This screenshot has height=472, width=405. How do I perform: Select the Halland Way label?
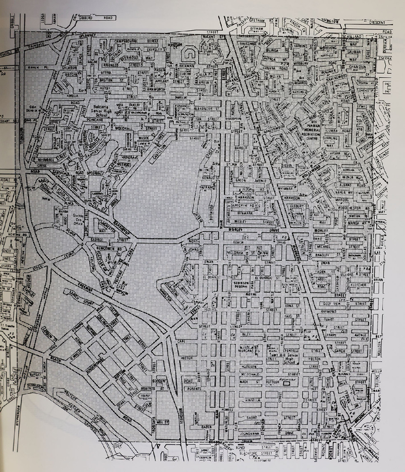(353, 36)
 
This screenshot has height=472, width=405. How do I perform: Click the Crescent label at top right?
(377, 23)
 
